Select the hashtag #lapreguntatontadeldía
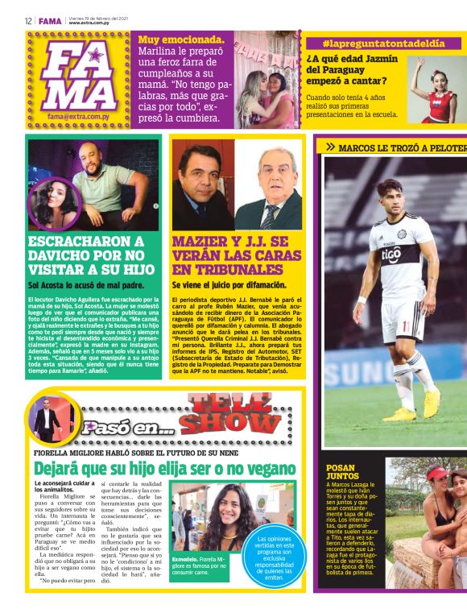point(382,43)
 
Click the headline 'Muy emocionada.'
point(181,39)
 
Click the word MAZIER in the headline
point(201,241)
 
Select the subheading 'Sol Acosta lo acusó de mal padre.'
point(85,284)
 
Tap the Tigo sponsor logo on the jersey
point(391,255)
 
